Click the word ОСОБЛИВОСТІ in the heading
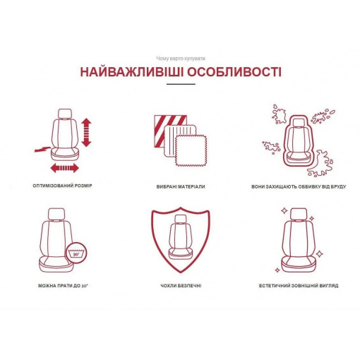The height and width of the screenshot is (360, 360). click(234, 72)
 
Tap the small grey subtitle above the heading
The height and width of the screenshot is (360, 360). click(181, 59)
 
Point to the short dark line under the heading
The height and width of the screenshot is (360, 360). click(181, 84)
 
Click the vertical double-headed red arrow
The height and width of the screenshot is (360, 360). click(86, 133)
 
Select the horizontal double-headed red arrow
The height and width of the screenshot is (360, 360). click(65, 168)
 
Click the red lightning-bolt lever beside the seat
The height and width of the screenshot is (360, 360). click(42, 149)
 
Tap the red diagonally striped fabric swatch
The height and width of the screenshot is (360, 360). click(170, 131)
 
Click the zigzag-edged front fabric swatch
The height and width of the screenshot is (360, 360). click(191, 151)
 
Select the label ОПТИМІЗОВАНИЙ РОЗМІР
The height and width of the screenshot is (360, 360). click(62, 186)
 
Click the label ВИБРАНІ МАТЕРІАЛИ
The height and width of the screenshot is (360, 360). click(181, 186)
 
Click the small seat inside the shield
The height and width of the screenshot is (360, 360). click(181, 237)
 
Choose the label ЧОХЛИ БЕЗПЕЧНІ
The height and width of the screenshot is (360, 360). click(181, 286)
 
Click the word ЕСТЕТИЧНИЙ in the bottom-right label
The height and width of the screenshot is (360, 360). click(274, 286)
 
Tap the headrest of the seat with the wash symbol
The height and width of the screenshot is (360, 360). click(56, 214)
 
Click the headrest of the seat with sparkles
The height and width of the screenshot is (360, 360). click(299, 214)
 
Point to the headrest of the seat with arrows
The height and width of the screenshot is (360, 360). click(64, 114)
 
